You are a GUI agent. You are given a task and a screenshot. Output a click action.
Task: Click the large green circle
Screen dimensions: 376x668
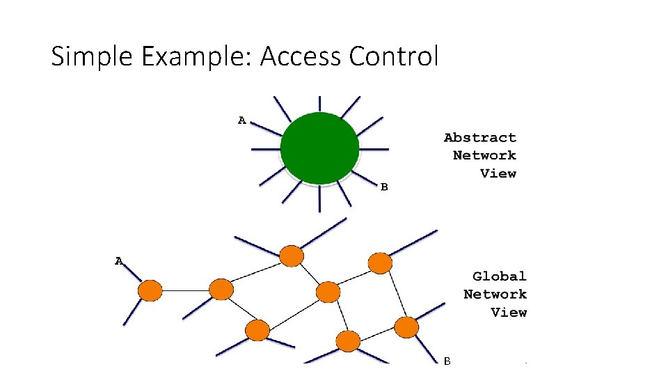(x=319, y=148)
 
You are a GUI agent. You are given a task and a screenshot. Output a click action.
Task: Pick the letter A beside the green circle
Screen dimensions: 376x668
(x=241, y=120)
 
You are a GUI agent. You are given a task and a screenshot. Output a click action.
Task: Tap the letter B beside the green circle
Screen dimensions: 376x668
(x=383, y=187)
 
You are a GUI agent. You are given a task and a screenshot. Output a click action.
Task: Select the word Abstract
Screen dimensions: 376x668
(x=480, y=138)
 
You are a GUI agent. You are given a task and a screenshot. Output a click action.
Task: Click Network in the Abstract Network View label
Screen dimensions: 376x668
(x=484, y=155)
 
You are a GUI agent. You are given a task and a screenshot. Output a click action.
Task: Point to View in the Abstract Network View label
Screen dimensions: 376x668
(x=498, y=173)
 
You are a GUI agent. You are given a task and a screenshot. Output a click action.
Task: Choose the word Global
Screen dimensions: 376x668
(x=500, y=276)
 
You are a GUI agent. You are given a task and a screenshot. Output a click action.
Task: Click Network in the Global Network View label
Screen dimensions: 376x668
(x=495, y=295)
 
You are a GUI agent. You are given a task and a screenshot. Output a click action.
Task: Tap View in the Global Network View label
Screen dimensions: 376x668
(x=509, y=312)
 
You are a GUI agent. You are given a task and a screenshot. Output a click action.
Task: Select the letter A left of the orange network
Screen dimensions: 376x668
(x=119, y=261)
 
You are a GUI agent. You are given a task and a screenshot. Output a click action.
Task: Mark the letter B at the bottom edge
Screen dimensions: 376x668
(x=447, y=361)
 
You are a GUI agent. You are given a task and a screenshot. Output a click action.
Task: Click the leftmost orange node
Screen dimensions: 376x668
(x=150, y=290)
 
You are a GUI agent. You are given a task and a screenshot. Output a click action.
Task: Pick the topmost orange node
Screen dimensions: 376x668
(x=292, y=256)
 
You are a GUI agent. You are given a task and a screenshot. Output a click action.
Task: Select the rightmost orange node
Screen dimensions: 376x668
(x=406, y=326)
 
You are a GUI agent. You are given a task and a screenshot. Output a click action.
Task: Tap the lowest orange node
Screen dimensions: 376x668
(x=348, y=341)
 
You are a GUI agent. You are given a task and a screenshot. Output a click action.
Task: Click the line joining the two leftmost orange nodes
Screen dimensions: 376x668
(x=185, y=290)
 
